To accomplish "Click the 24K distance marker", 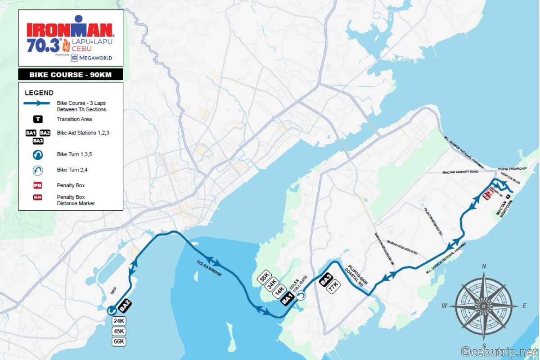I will coord(119,321).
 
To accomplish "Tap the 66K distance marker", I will coord(119,342).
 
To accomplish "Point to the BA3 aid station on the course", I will coord(326,279).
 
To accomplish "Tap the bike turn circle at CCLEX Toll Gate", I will coord(300,296).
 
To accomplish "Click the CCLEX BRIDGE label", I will coord(209,268).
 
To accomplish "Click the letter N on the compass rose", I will coord(484,266).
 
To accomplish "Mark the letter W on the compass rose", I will coord(444,306).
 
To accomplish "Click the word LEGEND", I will coord(39,93).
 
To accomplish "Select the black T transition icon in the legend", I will coord(38,119).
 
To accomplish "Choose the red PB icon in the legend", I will coord(38,185).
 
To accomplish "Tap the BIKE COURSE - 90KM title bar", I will coord(70,74).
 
